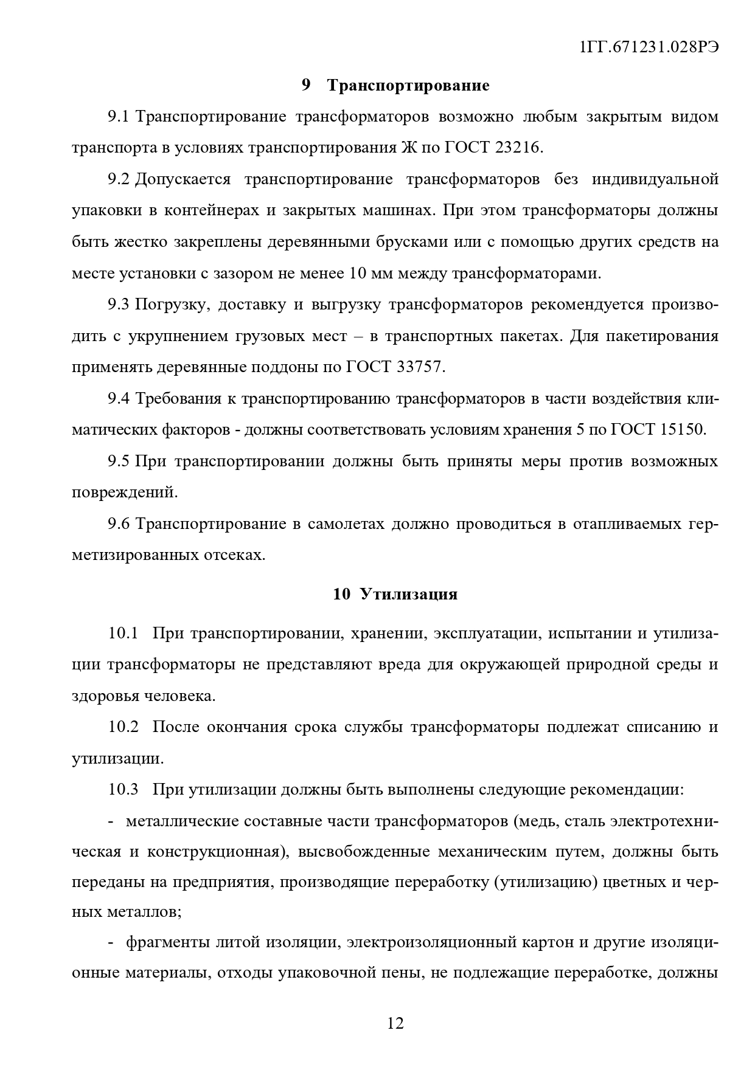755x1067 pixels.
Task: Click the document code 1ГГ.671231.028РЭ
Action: (649, 48)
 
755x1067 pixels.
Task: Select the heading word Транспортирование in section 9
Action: (408, 86)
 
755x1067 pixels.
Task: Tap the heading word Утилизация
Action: (408, 594)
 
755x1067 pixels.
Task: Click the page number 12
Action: (395, 1023)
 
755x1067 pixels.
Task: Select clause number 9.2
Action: (119, 179)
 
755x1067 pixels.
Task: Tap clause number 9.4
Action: (119, 399)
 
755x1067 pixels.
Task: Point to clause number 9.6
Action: (119, 524)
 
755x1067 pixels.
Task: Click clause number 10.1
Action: (124, 633)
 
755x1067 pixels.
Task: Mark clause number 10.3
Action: (124, 790)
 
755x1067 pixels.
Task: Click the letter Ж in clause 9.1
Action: (408, 148)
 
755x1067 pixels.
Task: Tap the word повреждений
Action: (125, 492)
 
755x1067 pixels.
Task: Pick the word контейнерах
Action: (212, 211)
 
